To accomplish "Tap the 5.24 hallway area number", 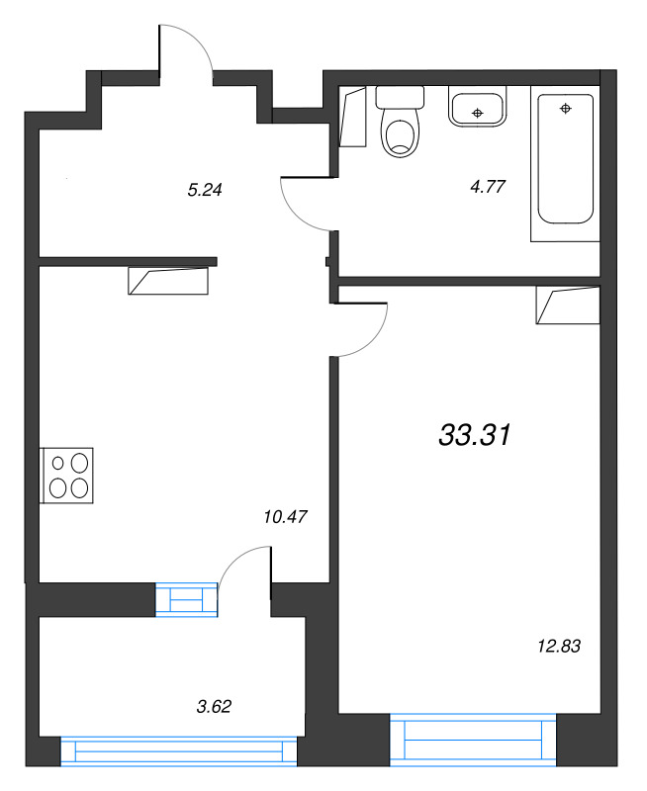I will click(204, 192).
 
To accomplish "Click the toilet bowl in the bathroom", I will click(400, 136).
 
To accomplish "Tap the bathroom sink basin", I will click(478, 108).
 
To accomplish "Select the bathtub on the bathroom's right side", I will click(565, 163).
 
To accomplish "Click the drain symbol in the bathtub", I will click(566, 108).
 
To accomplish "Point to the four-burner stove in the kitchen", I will click(68, 475).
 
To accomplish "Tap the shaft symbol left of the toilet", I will click(352, 119).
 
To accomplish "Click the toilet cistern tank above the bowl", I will click(400, 97).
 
